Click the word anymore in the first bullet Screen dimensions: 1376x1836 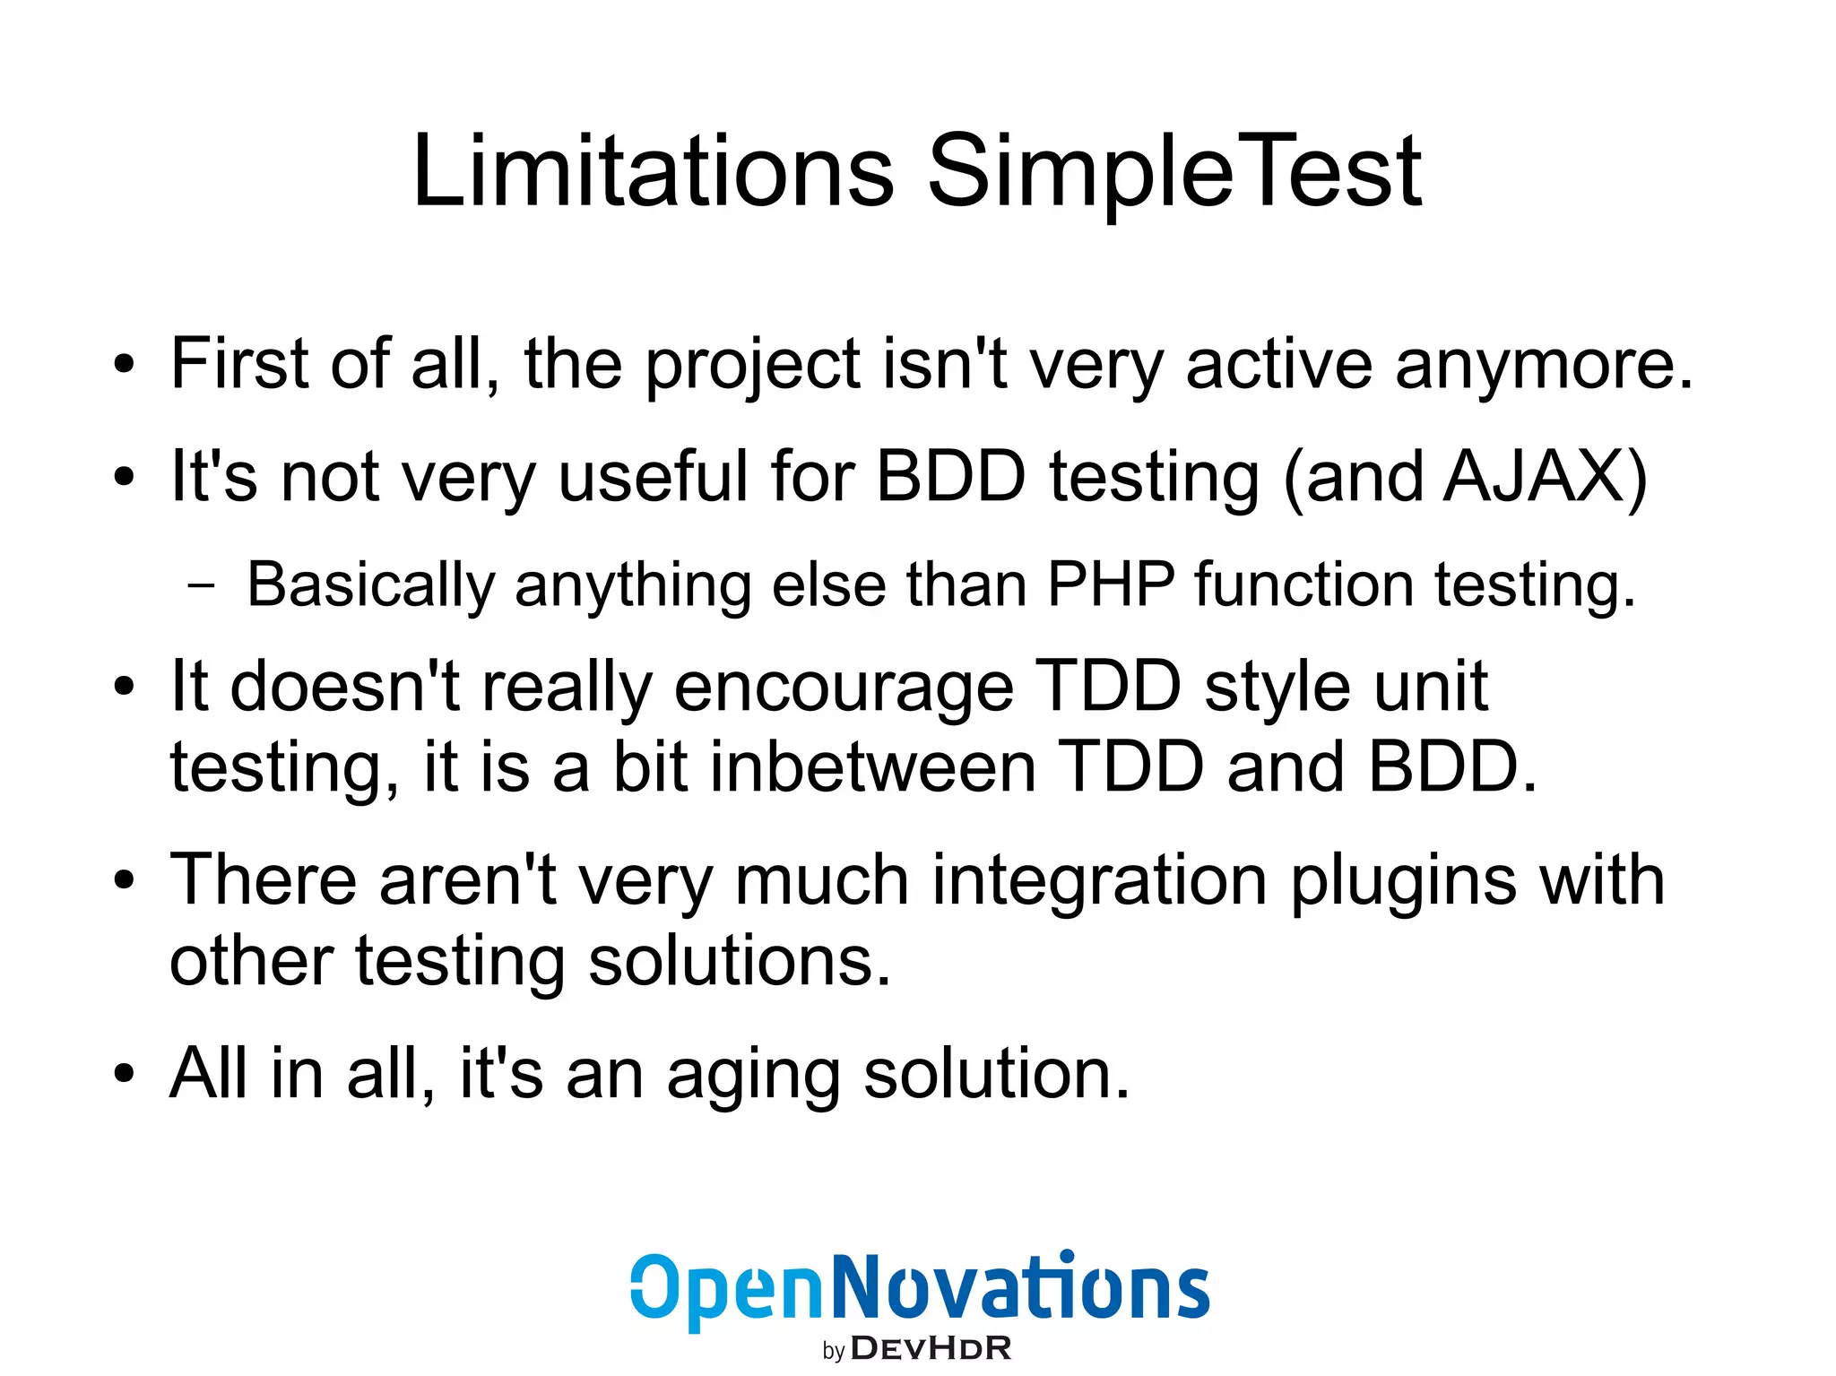click(x=1544, y=366)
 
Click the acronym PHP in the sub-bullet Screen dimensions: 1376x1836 click(x=1111, y=584)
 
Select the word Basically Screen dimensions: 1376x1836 click(x=370, y=584)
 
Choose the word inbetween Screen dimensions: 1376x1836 click(x=873, y=768)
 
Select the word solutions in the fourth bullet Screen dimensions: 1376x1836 click(x=740, y=961)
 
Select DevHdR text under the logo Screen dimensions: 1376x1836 click(x=930, y=1348)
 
